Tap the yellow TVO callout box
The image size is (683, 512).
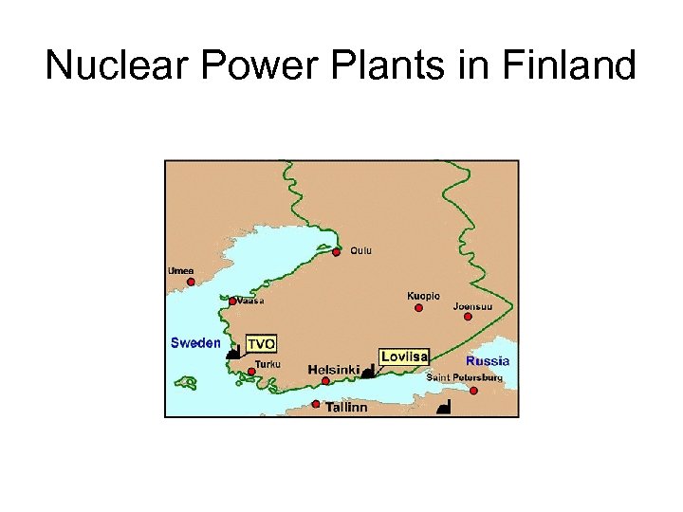(261, 343)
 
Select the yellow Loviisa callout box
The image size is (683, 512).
(404, 357)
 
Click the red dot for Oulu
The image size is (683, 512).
(337, 252)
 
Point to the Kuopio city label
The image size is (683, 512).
(423, 296)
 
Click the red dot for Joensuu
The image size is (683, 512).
(468, 317)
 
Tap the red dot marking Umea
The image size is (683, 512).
(191, 282)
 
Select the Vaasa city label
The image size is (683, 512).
(250, 301)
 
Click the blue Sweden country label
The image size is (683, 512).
(195, 343)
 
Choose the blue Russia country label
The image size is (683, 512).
(488, 361)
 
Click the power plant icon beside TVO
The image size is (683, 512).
(232, 352)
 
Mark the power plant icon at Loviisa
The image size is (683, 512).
(368, 373)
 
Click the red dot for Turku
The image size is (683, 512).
(251, 372)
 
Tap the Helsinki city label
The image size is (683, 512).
(333, 369)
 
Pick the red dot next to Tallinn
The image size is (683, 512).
(316, 404)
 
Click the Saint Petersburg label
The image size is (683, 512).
(465, 377)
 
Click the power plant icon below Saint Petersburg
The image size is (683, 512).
(443, 408)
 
